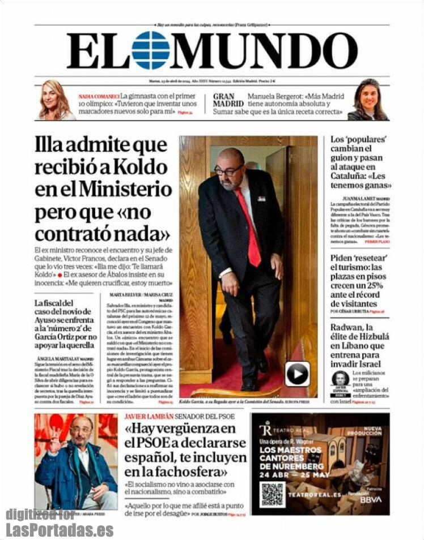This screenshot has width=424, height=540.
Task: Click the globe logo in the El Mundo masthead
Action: [150, 50]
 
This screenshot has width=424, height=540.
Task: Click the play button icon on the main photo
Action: [298, 374]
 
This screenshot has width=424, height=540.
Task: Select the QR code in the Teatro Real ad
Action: [272, 494]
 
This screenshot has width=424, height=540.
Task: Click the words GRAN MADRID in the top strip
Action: [228, 100]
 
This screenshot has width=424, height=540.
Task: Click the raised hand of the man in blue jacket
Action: [54, 440]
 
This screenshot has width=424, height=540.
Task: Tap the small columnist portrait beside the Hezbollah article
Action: [340, 378]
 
